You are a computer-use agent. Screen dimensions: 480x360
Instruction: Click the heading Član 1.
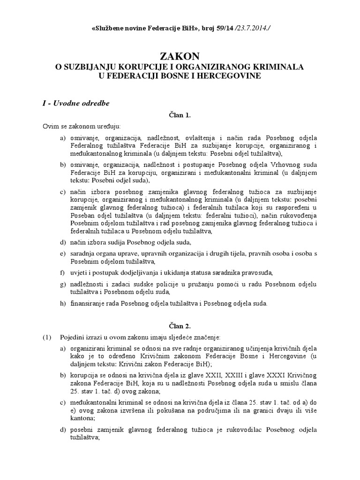[180, 115]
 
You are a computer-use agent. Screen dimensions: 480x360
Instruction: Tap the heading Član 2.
[180, 325]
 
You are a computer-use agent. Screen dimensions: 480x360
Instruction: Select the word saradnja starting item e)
[83, 254]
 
